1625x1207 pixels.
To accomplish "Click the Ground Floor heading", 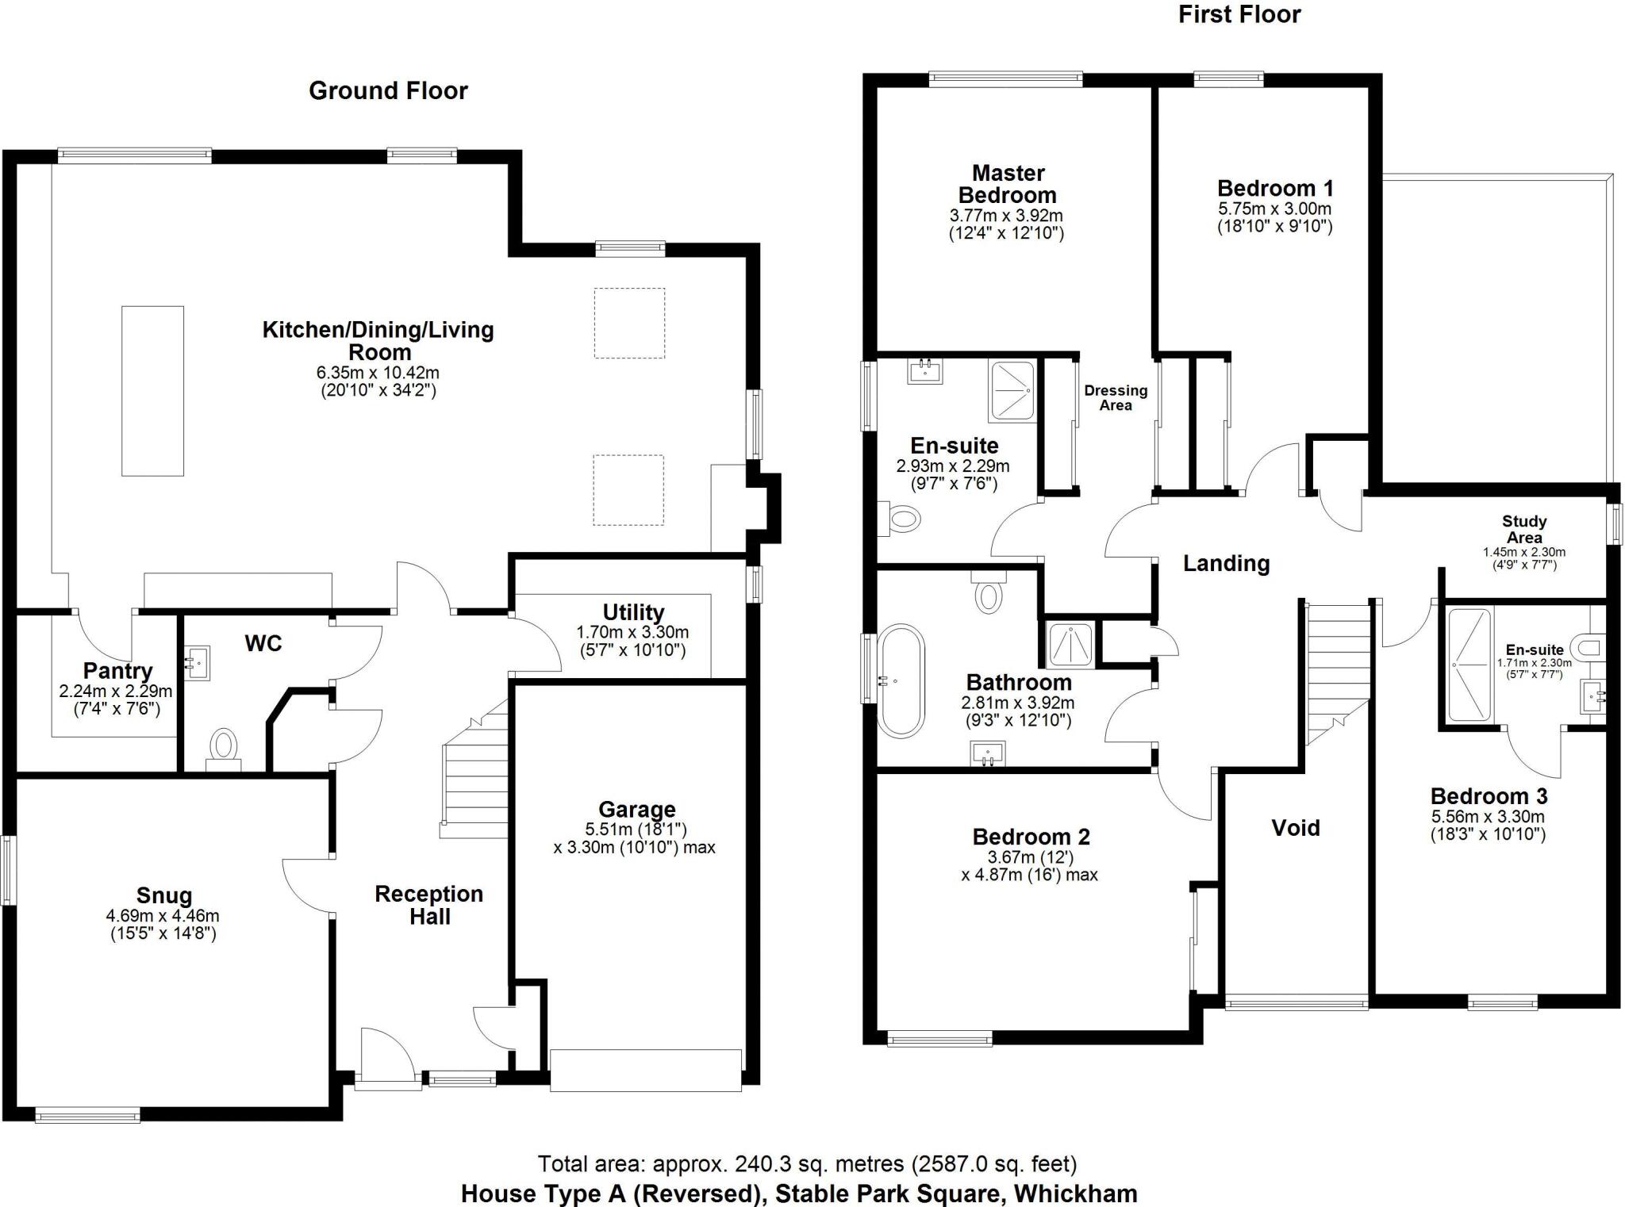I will click(388, 90).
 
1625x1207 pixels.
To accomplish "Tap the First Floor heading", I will click(1239, 14).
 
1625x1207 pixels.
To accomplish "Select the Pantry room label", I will click(117, 671).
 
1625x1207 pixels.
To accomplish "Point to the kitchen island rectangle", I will click(152, 391).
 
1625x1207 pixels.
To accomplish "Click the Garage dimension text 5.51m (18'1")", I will click(636, 830).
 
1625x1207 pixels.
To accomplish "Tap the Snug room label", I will click(164, 895).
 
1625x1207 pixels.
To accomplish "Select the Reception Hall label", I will click(429, 905).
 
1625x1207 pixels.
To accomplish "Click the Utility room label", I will click(632, 612).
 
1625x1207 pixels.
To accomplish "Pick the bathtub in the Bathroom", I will click(901, 681).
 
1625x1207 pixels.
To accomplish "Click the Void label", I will click(1296, 828).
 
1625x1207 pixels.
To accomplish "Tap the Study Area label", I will click(1523, 529).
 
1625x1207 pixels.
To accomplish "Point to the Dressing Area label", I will click(1116, 397).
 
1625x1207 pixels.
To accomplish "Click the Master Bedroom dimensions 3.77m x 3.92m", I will click(1006, 216).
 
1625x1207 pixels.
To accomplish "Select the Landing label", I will click(1226, 563).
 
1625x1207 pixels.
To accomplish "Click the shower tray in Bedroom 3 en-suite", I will click(1469, 665).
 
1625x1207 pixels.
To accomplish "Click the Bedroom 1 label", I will click(1275, 188).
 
